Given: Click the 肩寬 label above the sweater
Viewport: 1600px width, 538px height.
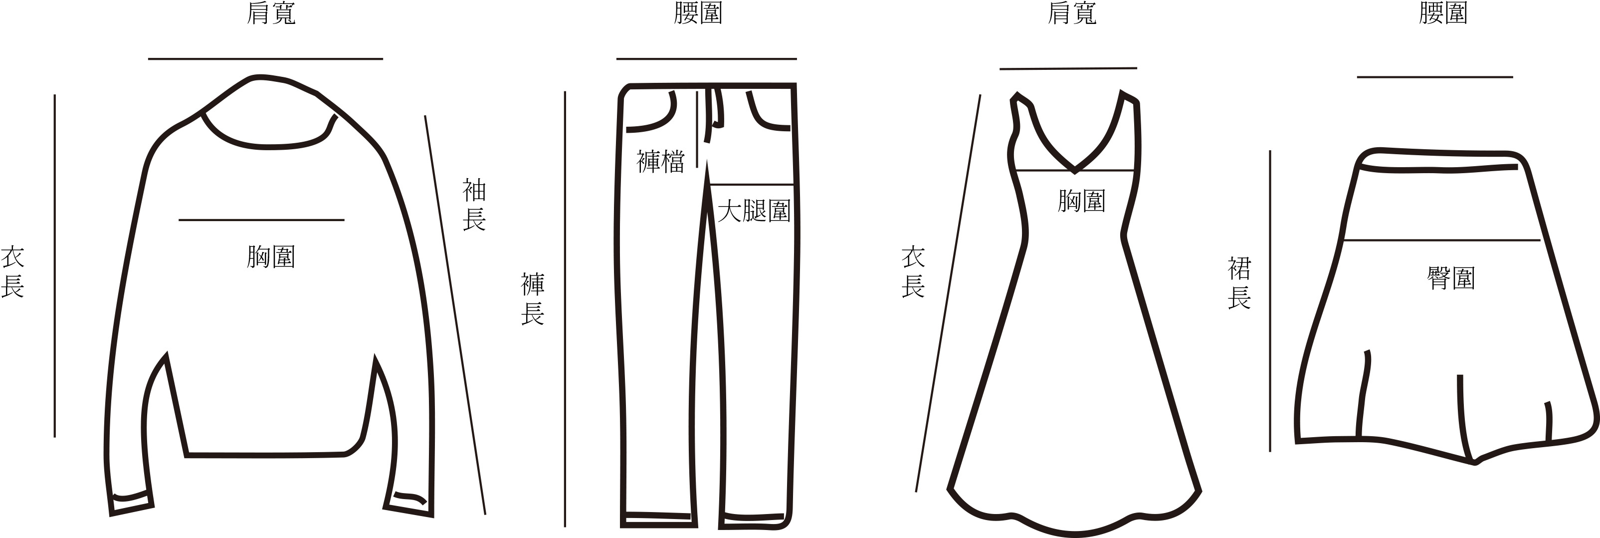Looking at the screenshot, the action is tap(271, 13).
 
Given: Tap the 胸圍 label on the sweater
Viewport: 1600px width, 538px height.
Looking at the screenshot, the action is tap(271, 257).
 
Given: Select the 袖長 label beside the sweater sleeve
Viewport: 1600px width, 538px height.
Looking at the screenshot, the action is tap(474, 205).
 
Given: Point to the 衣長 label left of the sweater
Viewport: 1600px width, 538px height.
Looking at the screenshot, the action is tap(12, 272).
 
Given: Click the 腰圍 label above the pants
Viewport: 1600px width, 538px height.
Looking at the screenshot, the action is tap(698, 13).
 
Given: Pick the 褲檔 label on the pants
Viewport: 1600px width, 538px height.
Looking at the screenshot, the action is tap(660, 162).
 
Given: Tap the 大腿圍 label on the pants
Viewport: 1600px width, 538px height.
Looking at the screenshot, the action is tap(754, 211).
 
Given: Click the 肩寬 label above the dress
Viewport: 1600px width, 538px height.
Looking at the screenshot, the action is tap(1072, 13).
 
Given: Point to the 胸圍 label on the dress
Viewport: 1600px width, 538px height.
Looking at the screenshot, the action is tap(1081, 201).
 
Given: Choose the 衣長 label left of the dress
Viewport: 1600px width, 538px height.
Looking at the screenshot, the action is tap(913, 272).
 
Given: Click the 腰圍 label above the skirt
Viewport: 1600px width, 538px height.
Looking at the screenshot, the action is tap(1443, 13).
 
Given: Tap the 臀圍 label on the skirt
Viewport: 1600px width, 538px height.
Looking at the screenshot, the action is tap(1451, 278).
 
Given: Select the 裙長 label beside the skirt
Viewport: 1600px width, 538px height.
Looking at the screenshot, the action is tap(1239, 283).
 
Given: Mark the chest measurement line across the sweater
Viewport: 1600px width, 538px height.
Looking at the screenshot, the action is tap(261, 220).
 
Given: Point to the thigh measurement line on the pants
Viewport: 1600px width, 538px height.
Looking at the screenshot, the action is tap(752, 185).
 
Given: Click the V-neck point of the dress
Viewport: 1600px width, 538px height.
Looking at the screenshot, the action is tap(1074, 170).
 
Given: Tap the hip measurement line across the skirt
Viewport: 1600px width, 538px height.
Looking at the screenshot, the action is tap(1441, 240).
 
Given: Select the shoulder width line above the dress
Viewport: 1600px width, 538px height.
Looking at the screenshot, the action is tap(1068, 68).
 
